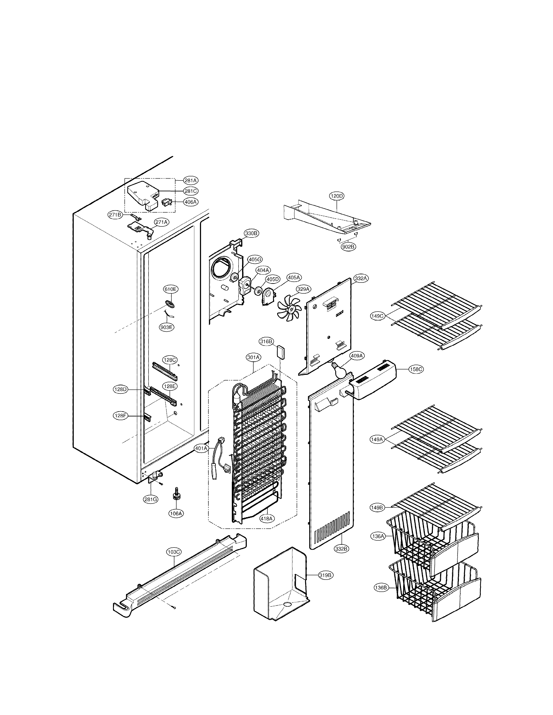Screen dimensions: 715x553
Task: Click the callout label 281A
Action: coord(190,180)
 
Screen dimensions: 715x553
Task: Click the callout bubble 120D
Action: coord(337,196)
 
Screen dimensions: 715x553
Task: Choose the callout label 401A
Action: coord(201,448)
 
